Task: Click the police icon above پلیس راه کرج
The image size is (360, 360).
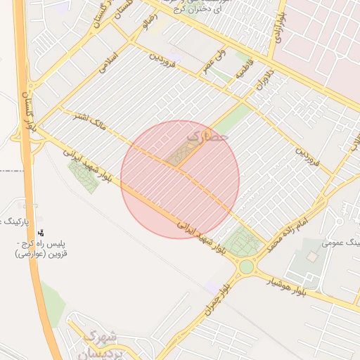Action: [41, 232]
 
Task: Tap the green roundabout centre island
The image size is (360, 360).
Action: [246, 267]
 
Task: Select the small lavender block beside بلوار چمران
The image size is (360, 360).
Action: [210, 286]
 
